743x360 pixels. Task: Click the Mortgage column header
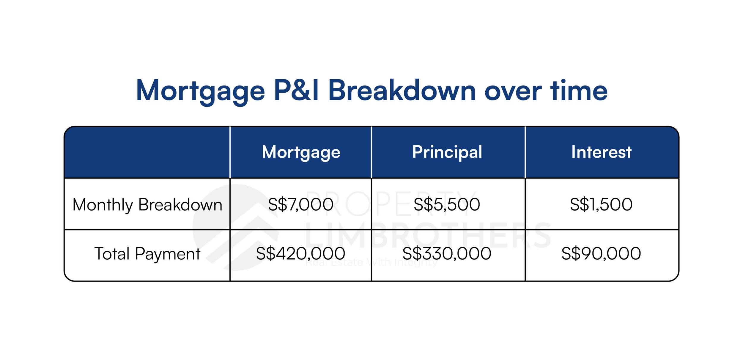(301, 153)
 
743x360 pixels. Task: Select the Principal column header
(447, 153)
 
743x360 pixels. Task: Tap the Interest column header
(601, 152)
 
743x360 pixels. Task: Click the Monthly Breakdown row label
(147, 205)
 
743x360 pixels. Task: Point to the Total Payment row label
(147, 254)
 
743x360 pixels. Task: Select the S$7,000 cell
(300, 205)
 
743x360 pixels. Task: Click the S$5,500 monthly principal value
(447, 205)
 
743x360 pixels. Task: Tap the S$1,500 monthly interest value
(601, 205)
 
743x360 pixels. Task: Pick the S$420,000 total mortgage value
(300, 254)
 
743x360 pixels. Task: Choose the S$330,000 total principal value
(447, 254)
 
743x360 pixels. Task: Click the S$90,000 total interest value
(601, 254)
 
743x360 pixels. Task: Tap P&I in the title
(296, 90)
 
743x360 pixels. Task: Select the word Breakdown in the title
(402, 90)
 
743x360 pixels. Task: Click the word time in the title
(579, 90)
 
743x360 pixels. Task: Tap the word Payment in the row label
(168, 255)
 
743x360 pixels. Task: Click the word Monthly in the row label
(103, 205)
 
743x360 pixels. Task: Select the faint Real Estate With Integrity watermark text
(371, 263)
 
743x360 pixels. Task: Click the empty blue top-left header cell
(147, 152)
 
